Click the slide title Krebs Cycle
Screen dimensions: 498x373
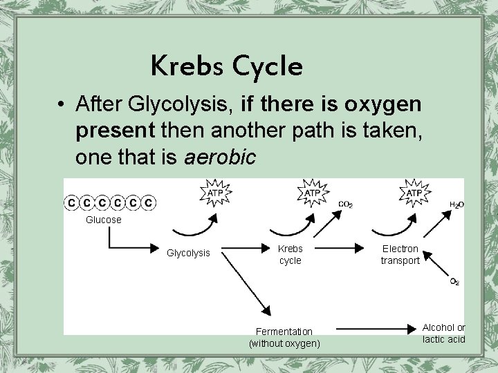[227, 66]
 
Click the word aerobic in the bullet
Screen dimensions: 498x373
[221, 157]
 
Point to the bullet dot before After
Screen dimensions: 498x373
[62, 105]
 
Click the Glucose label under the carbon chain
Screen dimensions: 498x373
[103, 220]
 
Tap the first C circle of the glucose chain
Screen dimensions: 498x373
[72, 203]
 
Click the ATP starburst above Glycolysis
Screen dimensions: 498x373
[216, 193]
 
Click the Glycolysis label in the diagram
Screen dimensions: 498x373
[188, 254]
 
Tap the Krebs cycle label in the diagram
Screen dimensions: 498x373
[290, 254]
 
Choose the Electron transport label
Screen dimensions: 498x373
[400, 254]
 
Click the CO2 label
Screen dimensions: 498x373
[346, 204]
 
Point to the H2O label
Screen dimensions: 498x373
[456, 205]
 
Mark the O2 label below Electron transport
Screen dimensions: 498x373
[454, 282]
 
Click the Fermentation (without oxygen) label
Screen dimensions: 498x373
[284, 337]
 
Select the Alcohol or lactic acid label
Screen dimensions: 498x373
[444, 333]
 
